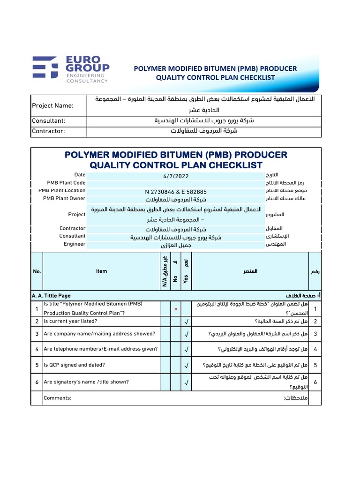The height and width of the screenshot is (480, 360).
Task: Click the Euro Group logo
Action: coord(70,69)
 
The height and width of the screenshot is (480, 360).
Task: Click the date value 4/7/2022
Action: coord(176,176)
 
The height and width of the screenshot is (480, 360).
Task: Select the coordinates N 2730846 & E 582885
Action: coord(176,192)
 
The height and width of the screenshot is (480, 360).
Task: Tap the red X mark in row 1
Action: coord(175,309)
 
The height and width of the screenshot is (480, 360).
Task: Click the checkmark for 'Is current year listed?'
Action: coord(187,322)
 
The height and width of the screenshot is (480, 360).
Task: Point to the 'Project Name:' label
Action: coord(52,105)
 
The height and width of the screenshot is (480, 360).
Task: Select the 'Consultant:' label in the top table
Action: coord(48,121)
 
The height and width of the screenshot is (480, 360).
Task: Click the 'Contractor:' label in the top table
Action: coord(48,131)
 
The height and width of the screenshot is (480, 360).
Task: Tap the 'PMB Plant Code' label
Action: coord(66,183)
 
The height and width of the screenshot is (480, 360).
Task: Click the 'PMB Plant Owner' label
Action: coord(64,198)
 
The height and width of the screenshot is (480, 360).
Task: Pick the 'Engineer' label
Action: coord(75,244)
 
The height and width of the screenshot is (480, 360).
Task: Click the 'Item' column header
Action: coord(101,271)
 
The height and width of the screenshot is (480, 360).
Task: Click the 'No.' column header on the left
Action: coord(37,271)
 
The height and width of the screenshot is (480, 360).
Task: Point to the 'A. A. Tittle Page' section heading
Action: coord(51,296)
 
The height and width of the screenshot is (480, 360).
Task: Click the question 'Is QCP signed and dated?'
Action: coord(74,365)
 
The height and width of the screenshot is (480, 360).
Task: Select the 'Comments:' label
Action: coord(57,398)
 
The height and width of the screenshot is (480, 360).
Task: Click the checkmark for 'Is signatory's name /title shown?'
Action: coord(187,382)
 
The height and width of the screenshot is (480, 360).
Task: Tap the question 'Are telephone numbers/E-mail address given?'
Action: coord(100,349)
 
